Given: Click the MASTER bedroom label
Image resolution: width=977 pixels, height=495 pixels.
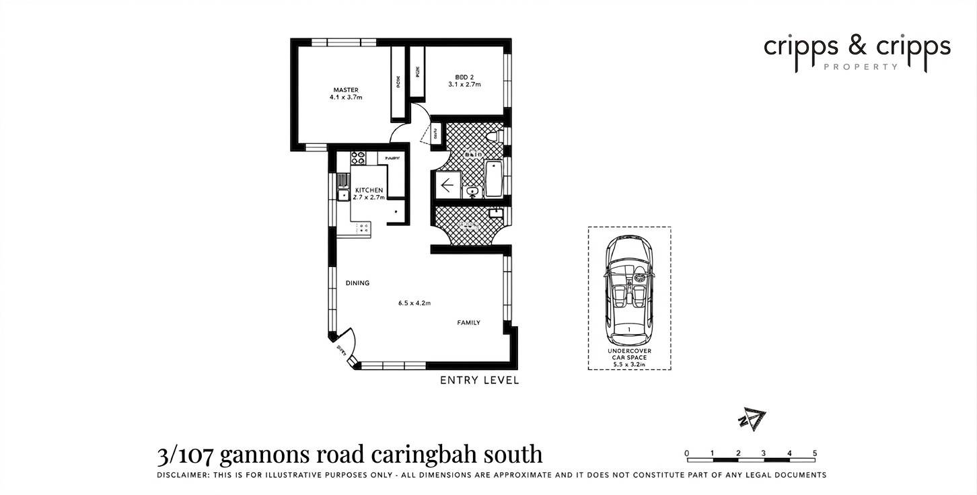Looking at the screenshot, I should pos(346,90).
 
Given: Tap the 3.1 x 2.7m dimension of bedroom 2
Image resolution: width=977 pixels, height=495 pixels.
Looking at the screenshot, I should pos(464,85).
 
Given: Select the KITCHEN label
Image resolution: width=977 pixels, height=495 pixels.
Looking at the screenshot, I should pos(369,190).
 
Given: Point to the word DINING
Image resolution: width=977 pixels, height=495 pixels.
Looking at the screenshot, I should pos(357,283).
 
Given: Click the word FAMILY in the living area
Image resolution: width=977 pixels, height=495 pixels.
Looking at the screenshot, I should pos(468,323).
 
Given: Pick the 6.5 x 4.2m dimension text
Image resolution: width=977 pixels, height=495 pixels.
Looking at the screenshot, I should pos(414,303).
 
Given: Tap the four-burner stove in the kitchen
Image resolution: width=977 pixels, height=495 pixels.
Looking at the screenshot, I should pos(358,158).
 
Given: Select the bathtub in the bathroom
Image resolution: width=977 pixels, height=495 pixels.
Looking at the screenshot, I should pos(493,178).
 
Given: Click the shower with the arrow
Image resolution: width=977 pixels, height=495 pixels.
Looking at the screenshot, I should pos(447,184).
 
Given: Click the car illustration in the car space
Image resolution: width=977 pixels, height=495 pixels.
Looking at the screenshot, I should pos(628,289).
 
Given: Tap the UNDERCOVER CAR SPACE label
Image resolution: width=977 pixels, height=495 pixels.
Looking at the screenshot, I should pos(629,354).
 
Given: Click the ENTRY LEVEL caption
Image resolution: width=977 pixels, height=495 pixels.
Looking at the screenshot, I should pos(479,381).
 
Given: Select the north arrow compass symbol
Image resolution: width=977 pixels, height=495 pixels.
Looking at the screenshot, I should pos(752,420).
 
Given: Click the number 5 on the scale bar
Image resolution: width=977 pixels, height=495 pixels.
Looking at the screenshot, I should pos(814,453).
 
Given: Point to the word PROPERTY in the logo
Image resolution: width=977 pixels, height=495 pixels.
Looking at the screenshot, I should pos(861,67).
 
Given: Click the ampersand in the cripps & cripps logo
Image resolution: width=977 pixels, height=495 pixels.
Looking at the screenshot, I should pos(857,47).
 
